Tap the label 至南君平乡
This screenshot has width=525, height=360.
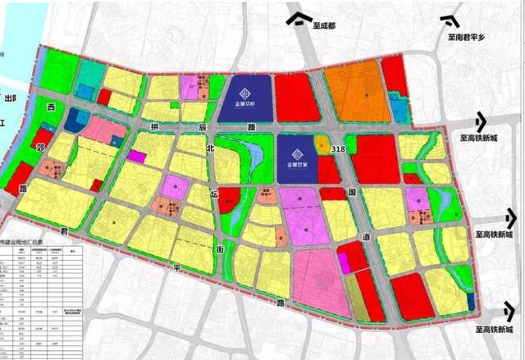[x=465, y=37]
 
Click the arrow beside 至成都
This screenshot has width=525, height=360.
[x=304, y=16]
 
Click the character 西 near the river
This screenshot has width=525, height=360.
[x=51, y=107]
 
